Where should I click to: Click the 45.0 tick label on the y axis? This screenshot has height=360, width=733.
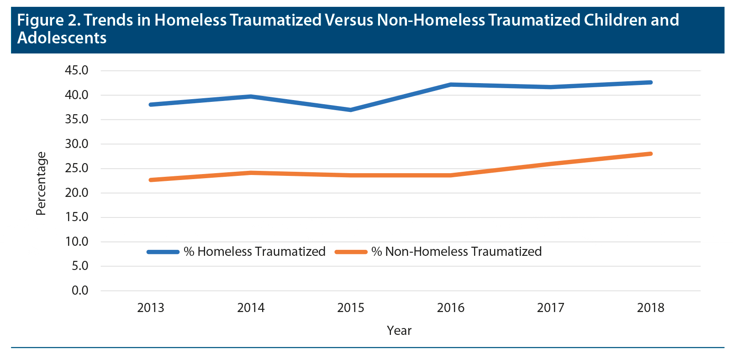pos(77,70)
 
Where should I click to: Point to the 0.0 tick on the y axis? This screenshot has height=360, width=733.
pos(80,291)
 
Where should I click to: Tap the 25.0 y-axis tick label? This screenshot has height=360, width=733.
pos(77,168)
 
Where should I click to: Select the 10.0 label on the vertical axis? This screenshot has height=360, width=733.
pos(77,242)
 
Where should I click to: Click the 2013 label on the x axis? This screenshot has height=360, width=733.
pos(151,308)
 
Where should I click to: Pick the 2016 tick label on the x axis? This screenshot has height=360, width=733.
pos(450,308)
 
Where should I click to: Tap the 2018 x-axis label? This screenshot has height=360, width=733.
pos(650,308)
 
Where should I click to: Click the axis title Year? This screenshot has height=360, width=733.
pos(399,331)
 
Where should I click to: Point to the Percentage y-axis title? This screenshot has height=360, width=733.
pos(41,184)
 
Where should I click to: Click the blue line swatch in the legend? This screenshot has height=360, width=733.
pos(163,252)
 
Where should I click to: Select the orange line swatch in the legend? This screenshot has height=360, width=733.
pos(351,252)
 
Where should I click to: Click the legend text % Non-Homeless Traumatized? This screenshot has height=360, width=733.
pos(456,252)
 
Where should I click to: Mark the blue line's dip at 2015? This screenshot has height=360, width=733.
pos(351,110)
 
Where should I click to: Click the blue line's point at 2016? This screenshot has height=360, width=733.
pos(451,85)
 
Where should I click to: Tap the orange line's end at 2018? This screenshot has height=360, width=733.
pos(650,154)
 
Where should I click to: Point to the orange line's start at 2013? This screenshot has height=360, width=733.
pos(151,180)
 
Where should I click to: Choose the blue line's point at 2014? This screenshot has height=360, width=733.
pos(251,96)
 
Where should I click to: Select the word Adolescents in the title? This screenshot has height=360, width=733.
pos(62,38)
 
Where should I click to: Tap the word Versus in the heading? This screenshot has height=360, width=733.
pos(349,21)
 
